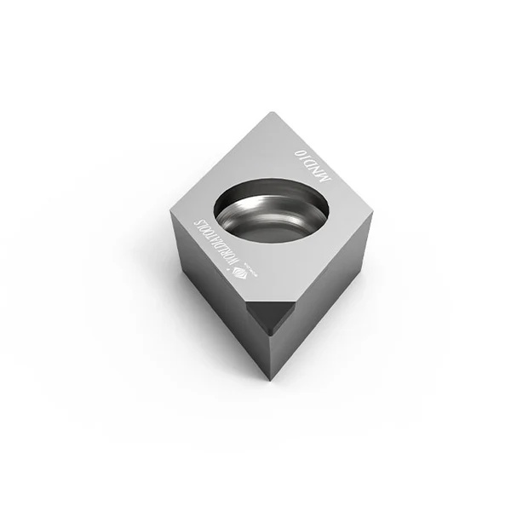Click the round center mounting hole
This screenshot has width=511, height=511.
[x=272, y=210]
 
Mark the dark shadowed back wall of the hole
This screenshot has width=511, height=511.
[x=273, y=191]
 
